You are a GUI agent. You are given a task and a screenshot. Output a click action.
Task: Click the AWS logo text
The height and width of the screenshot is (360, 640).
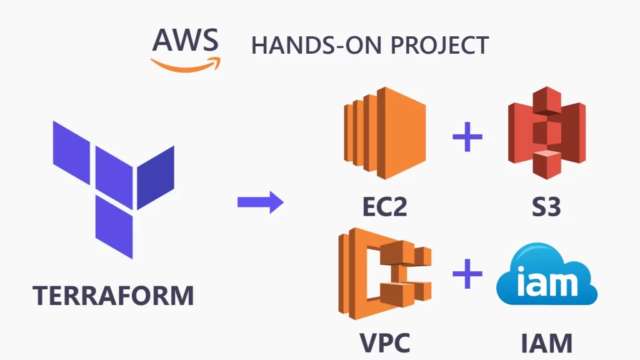click(186, 40)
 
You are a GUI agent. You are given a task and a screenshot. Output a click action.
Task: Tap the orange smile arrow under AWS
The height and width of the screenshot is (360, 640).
click(186, 62)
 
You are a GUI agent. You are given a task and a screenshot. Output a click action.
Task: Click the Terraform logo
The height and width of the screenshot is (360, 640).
click(113, 181)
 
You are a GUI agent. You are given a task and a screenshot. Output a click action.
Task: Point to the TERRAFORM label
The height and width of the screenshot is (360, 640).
click(113, 295)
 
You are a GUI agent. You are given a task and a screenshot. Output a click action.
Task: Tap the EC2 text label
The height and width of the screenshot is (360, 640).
click(384, 207)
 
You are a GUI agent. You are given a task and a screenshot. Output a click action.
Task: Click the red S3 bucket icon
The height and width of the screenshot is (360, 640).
click(546, 132)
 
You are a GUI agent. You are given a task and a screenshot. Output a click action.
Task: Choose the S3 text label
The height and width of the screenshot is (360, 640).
click(546, 207)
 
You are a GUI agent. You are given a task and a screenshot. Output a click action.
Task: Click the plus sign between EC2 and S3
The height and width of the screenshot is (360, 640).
click(467, 138)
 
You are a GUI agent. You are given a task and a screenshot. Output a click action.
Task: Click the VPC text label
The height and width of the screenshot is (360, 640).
click(385, 342)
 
